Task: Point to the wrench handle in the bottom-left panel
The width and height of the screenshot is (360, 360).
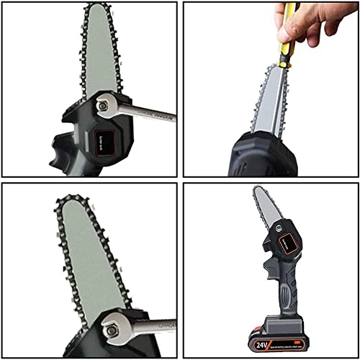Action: (155, 325)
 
